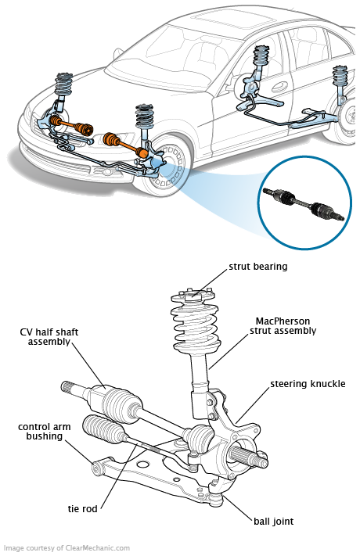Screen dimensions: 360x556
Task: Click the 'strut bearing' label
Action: pos(257,267)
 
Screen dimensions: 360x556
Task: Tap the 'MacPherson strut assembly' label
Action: pos(283,326)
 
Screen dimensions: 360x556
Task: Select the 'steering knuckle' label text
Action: pos(308,384)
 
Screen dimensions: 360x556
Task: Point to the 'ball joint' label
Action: pos(273,522)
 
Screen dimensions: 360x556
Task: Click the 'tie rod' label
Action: pos(82,509)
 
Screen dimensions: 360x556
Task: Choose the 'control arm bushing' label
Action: pos(45,432)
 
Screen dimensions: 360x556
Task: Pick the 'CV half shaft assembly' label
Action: pos(49,337)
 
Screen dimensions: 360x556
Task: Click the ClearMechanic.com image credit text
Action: pos(67,548)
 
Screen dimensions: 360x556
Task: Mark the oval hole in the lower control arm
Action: pos(142,465)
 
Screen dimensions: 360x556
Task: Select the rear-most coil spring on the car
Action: pos(340,76)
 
